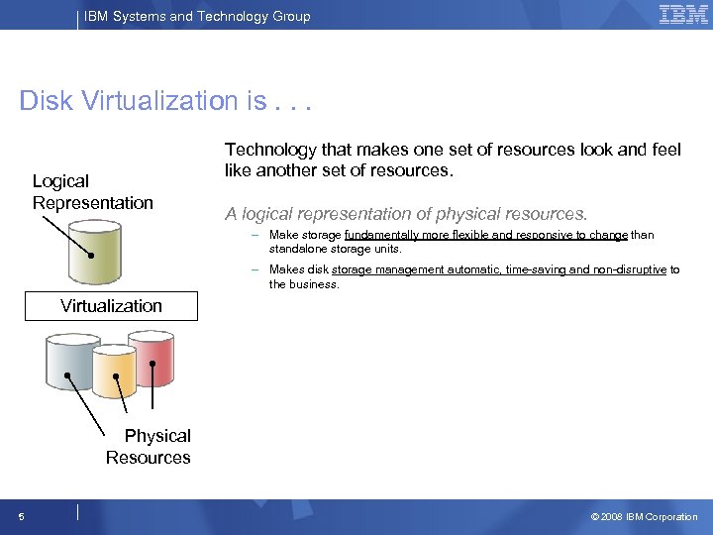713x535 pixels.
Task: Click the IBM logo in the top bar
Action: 683,15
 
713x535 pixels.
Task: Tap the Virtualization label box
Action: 111,306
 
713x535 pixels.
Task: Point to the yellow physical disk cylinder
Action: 113,372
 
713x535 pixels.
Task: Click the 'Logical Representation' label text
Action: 92,192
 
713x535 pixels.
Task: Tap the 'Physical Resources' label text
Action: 150,447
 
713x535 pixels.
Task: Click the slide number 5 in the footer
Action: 21,516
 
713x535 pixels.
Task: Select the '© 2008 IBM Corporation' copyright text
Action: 644,516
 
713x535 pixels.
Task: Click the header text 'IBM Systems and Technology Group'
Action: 198,16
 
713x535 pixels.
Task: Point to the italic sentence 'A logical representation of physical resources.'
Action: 406,214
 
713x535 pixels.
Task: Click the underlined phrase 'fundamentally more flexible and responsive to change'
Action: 485,235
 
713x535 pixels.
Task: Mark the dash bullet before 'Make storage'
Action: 255,236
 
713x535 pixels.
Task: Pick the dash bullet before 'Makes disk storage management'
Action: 255,269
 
